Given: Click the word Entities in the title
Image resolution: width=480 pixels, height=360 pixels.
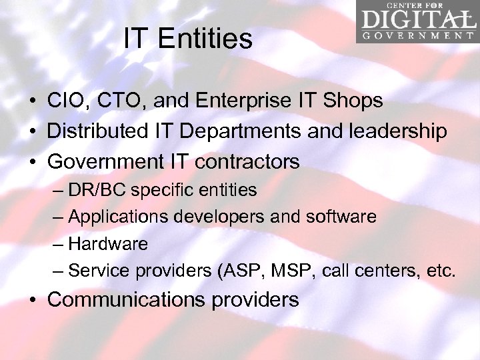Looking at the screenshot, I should click(206, 39).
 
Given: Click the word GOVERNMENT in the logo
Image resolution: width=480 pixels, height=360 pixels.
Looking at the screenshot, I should click(418, 35).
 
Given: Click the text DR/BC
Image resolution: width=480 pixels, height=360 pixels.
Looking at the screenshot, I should click(97, 190).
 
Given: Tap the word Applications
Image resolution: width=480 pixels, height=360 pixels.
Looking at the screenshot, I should click(116, 217).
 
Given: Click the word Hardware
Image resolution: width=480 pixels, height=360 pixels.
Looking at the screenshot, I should click(107, 244).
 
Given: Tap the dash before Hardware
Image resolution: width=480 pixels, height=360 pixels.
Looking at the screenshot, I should click(58, 244).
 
